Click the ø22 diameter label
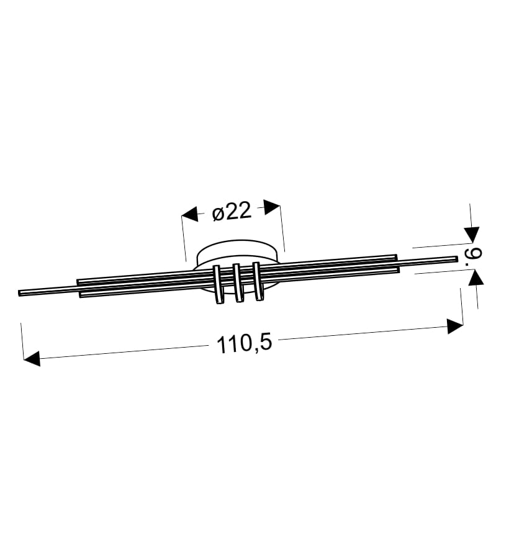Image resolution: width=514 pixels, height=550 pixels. coord(232,212)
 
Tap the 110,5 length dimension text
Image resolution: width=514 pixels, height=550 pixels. coord(244,344)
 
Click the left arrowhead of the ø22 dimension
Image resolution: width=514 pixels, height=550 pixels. coord(189,214)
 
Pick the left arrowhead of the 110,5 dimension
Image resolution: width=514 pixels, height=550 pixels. coord(32,358)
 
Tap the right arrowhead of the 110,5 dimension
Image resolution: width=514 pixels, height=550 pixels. coord(455,326)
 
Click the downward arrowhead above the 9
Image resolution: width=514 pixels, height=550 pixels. coord(471,235)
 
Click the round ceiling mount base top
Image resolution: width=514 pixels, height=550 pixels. coord(237,248)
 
